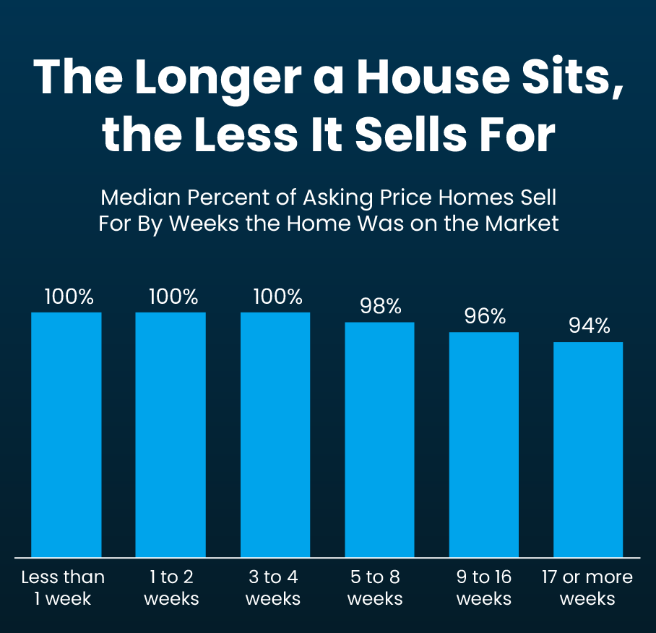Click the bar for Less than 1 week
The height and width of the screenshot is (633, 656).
click(x=66, y=434)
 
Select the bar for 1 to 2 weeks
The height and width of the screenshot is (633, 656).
click(x=171, y=434)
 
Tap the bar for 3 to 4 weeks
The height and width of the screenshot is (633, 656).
click(x=275, y=434)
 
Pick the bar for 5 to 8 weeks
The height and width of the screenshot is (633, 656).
click(x=379, y=439)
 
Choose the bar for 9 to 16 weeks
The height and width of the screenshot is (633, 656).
click(x=484, y=444)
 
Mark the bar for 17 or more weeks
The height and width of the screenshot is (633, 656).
click(x=588, y=449)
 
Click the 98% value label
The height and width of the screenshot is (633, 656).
click(x=380, y=306)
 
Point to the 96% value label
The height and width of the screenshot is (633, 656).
click(x=484, y=316)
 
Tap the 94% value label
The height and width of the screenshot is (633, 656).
click(x=589, y=326)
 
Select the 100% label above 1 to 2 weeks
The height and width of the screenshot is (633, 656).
click(x=173, y=297)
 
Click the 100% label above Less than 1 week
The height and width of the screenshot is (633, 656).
click(x=69, y=297)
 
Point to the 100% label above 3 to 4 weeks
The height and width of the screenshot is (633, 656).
click(x=277, y=297)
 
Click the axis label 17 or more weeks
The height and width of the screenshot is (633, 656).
click(x=587, y=587)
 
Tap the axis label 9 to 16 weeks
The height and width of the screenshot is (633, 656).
click(x=484, y=587)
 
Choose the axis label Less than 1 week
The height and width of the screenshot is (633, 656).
click(x=63, y=587)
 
